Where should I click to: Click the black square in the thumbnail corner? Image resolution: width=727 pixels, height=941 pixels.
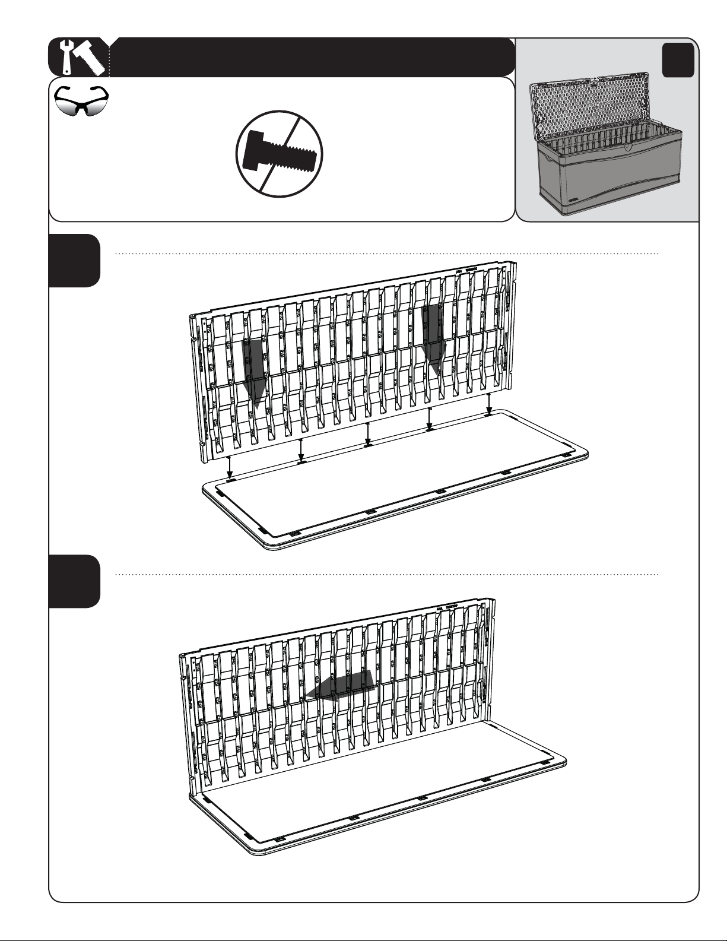pyautogui.click(x=678, y=60)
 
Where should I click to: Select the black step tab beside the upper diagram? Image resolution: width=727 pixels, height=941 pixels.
pyautogui.click(x=74, y=260)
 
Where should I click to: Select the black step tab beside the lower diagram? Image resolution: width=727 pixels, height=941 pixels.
pyautogui.click(x=74, y=581)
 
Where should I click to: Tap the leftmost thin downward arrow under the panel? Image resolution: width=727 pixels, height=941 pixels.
pyautogui.click(x=230, y=467)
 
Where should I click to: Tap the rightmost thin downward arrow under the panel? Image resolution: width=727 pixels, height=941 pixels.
pyautogui.click(x=488, y=403)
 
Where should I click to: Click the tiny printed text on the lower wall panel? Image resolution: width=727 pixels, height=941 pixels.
pyautogui.click(x=450, y=608)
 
